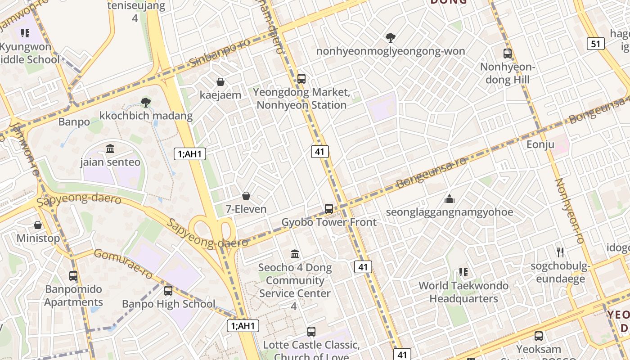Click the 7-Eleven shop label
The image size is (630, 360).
pos(246,209)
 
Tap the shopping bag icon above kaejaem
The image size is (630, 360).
pos(220,82)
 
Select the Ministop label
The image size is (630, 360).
pos(38,238)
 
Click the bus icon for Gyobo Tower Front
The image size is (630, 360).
pos(329,209)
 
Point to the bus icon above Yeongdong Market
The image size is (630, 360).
pos(301,79)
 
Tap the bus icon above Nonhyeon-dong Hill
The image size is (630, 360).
pos(508,54)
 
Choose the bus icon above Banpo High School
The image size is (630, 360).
pos(168,291)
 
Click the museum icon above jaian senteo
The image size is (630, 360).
pos(110,148)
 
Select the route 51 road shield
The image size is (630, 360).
pos(596,44)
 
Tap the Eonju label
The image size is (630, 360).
pos(540,145)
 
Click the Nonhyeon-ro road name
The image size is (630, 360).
pos(570,211)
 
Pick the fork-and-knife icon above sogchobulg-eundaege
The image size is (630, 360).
pos(560,252)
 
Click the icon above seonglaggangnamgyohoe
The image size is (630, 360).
pos(449,198)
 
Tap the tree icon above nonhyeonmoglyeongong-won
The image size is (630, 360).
pos(391,38)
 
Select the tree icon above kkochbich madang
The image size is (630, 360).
pos(145,103)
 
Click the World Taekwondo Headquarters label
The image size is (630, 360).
pos(463,292)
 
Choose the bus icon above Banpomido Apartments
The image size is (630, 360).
pos(73,276)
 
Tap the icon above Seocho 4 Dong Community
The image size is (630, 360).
pos(295,254)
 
